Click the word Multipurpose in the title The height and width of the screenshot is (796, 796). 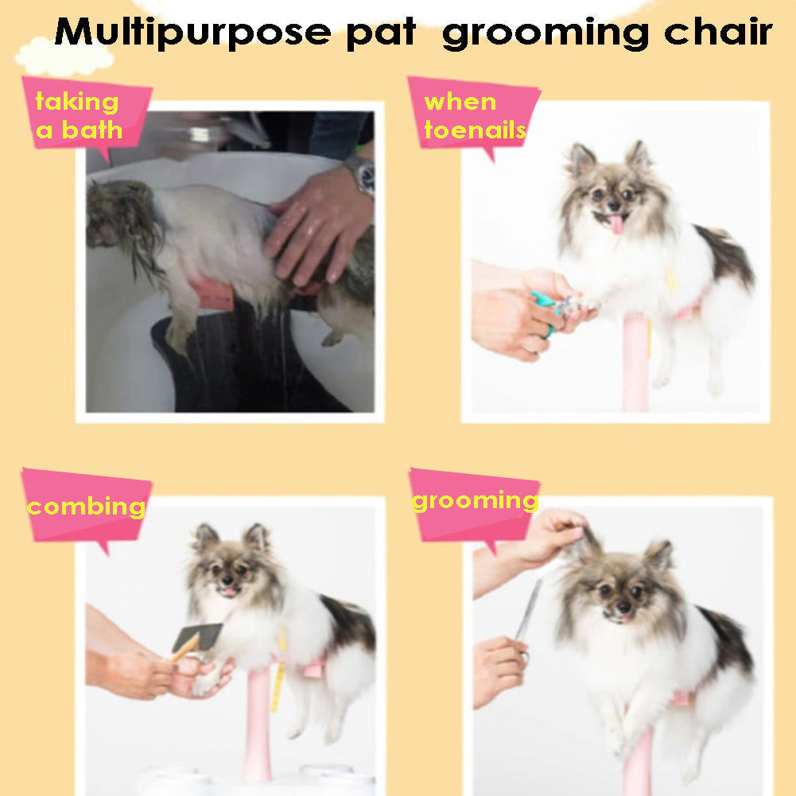192,33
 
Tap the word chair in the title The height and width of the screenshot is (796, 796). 718,32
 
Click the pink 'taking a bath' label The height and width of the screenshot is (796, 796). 87,116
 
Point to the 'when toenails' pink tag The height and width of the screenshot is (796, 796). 474,116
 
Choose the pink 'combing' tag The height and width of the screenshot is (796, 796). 87,507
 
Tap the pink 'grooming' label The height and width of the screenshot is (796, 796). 474,506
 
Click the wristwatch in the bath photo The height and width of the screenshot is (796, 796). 362,175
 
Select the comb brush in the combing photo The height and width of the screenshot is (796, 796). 196,641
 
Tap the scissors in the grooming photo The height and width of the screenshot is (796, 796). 528,617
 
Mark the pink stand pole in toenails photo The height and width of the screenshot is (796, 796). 635,363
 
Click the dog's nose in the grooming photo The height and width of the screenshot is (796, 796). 623,606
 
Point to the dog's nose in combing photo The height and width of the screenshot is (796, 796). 227,580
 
